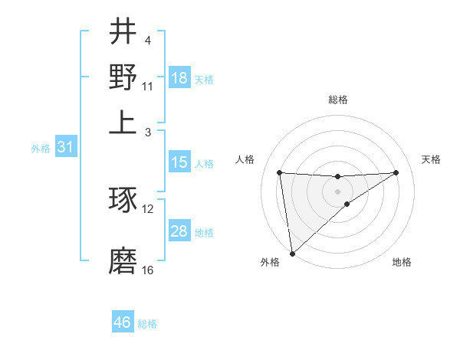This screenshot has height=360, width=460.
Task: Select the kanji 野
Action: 123,77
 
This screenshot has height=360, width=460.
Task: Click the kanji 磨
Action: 123,261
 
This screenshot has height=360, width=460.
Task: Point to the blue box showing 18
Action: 179,78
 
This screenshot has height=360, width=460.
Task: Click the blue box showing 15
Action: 179,162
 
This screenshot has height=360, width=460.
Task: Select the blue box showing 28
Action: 179,231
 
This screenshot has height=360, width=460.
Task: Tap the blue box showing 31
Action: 65,147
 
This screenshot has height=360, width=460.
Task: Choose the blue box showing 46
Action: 123,322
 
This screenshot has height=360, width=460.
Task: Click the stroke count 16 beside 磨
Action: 148,270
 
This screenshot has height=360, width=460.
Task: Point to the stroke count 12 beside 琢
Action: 148,208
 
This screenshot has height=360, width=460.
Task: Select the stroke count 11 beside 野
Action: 148,87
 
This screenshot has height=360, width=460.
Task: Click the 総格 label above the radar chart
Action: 337,100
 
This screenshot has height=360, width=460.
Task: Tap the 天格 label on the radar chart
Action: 431,159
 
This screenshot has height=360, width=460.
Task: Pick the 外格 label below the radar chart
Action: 270,263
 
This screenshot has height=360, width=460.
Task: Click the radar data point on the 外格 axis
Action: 292,254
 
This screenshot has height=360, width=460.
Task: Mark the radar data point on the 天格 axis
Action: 396,172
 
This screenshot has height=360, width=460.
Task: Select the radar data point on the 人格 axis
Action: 280,172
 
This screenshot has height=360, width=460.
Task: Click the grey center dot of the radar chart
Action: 337,191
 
